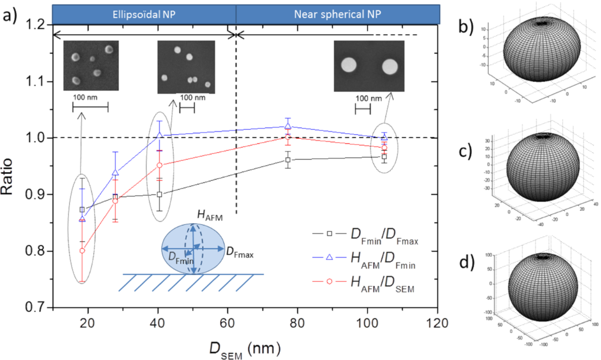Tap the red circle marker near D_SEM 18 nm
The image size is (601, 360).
point(82,250)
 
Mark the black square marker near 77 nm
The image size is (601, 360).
point(288,160)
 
